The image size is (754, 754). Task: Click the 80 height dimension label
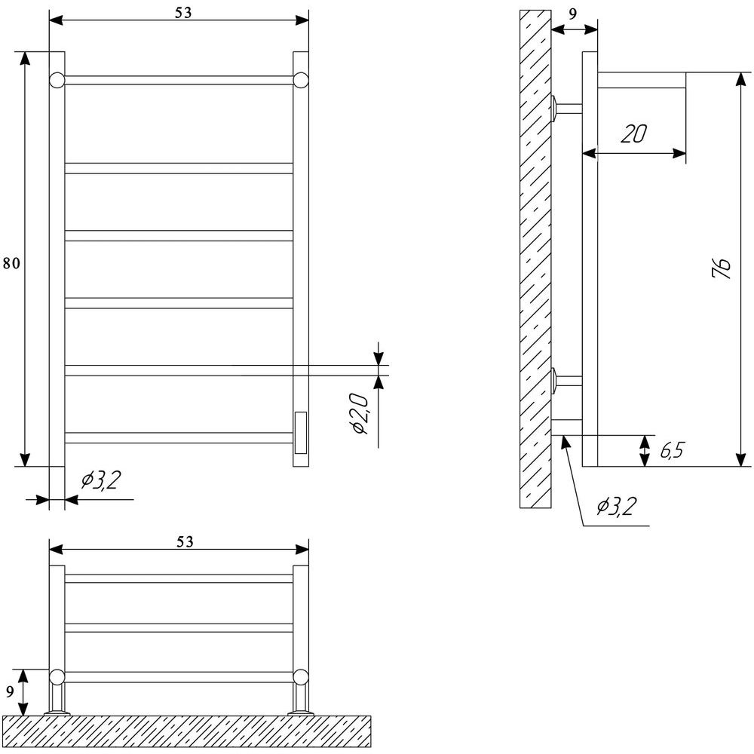[x=11, y=263]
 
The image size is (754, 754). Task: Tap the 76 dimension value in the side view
[x=721, y=268]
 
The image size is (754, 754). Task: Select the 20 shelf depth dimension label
[x=633, y=133]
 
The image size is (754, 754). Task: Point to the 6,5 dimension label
[x=672, y=451]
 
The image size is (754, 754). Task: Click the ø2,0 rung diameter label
[x=360, y=413]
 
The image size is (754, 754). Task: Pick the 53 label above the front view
[x=183, y=13]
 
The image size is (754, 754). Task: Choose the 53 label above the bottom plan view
[x=185, y=542]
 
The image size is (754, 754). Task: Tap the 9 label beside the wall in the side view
[x=572, y=14]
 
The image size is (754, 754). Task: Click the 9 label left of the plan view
[x=10, y=692]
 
